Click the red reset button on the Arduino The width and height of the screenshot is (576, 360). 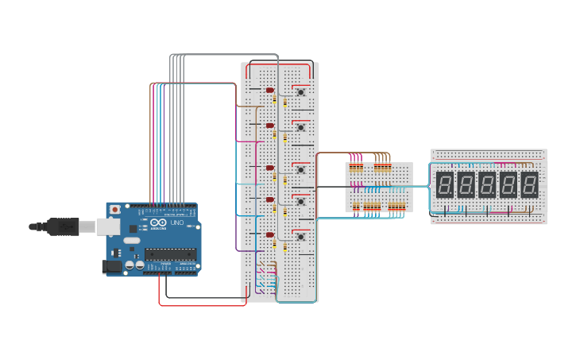[x=115, y=210]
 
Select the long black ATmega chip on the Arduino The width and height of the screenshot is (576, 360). [x=170, y=254]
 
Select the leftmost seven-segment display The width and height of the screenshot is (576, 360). [x=445, y=185]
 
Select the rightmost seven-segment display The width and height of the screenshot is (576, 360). [x=529, y=185]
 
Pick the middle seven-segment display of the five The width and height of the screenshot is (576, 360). [x=487, y=185]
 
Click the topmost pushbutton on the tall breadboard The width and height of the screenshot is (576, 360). [x=301, y=92]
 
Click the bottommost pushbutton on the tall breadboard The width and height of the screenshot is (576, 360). [x=301, y=236]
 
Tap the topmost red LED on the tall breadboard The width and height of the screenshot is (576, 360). [x=270, y=90]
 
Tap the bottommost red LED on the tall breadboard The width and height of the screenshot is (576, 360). [x=270, y=234]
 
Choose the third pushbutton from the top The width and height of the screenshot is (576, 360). [x=301, y=169]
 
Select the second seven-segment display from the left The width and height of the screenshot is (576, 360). [x=466, y=185]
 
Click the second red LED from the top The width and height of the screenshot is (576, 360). [x=270, y=126]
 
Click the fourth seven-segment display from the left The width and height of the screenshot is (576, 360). [x=508, y=185]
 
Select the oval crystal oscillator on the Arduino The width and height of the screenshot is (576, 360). [x=132, y=240]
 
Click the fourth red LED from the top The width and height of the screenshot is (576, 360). [x=270, y=199]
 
